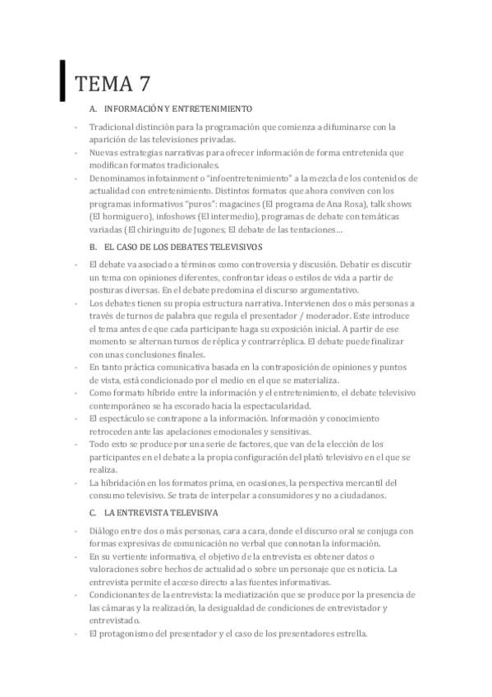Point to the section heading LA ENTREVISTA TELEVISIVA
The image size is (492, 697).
pos(162,512)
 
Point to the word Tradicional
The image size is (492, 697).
pos(113,127)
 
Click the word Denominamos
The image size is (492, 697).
pos(121,178)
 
